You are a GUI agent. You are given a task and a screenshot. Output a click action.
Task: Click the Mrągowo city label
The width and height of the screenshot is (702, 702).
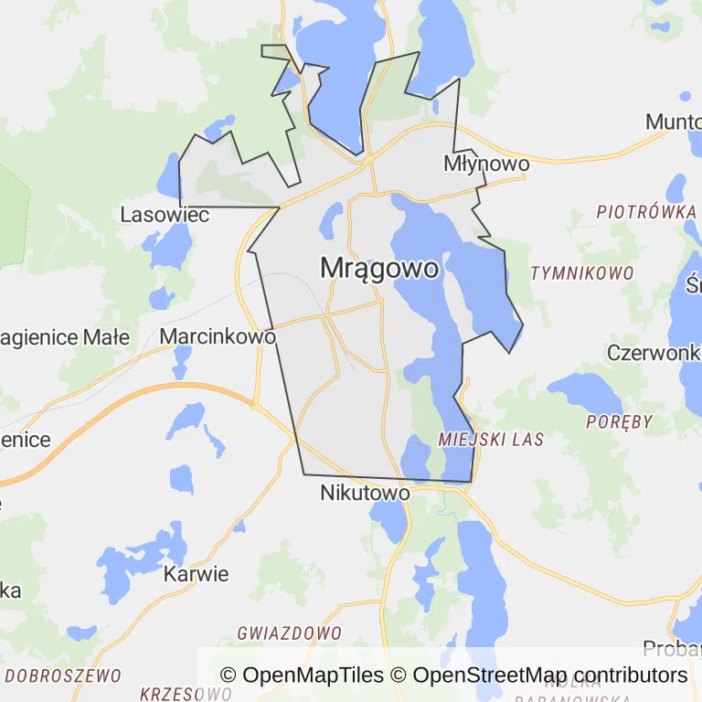tap(379, 268)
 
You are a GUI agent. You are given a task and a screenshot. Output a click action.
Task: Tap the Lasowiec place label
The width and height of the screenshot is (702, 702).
tap(165, 215)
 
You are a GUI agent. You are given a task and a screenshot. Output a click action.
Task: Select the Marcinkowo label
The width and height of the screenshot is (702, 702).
tap(218, 336)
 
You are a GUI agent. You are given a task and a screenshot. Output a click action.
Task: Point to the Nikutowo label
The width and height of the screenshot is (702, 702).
tap(365, 494)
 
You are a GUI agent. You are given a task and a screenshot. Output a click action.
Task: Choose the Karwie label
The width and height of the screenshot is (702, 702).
tap(196, 575)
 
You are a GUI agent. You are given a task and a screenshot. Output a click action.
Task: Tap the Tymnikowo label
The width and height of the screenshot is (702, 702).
tap(582, 273)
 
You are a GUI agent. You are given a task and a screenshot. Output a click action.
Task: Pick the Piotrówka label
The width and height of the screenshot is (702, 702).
tap(646, 211)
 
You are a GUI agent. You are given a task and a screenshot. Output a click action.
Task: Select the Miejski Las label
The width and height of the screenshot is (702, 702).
tap(491, 440)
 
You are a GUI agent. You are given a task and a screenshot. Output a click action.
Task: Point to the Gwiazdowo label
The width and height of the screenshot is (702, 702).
tap(289, 633)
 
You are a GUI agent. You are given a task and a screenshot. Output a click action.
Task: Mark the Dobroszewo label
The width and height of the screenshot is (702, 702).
tap(63, 676)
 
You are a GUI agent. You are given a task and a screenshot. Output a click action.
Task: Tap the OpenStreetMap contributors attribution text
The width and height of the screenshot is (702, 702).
tap(549, 675)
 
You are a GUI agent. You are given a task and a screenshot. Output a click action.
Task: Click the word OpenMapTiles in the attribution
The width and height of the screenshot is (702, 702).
tap(312, 675)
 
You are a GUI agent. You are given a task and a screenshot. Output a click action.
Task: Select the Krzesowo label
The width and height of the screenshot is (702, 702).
tap(186, 694)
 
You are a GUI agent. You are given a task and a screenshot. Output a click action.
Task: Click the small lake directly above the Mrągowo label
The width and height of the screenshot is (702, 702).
tap(332, 219)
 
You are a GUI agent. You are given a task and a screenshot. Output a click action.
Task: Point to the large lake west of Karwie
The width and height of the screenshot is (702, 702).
tap(137, 567)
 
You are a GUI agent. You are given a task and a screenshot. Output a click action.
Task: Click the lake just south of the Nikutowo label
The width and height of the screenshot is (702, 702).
tap(388, 521)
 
